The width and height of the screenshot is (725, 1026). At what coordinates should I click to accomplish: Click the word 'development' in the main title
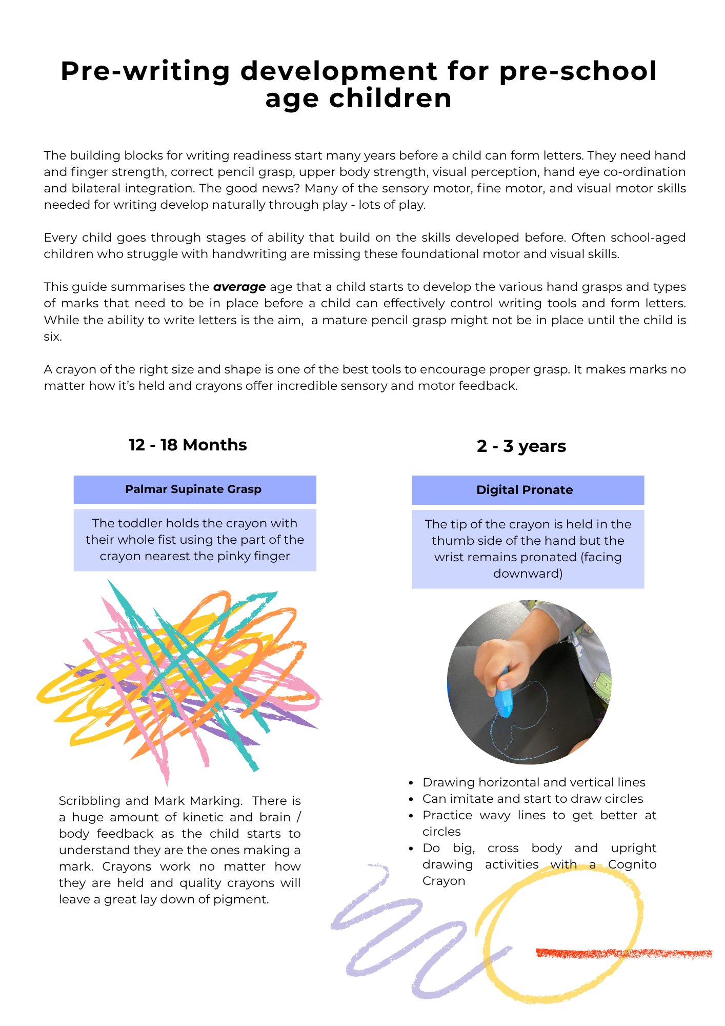(x=339, y=71)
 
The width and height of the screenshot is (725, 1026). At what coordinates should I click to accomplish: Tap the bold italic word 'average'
(x=239, y=287)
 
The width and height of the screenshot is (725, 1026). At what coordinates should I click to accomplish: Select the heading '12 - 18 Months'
(x=188, y=445)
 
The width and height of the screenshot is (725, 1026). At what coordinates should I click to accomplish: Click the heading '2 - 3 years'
(x=521, y=446)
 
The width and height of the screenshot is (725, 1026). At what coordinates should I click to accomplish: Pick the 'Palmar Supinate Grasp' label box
(x=194, y=489)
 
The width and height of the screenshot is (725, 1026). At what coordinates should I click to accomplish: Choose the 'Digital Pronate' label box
(x=528, y=490)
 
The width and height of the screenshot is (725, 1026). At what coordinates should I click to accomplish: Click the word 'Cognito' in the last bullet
(x=632, y=864)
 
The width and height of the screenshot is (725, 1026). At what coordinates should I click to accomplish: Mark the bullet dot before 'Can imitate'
(x=411, y=799)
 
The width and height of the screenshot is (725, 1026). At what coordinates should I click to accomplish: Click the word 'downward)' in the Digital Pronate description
(x=528, y=574)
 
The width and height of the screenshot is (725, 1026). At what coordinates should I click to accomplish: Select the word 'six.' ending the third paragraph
(x=53, y=337)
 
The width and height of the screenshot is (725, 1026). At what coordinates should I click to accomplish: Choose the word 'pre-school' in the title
(x=577, y=71)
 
